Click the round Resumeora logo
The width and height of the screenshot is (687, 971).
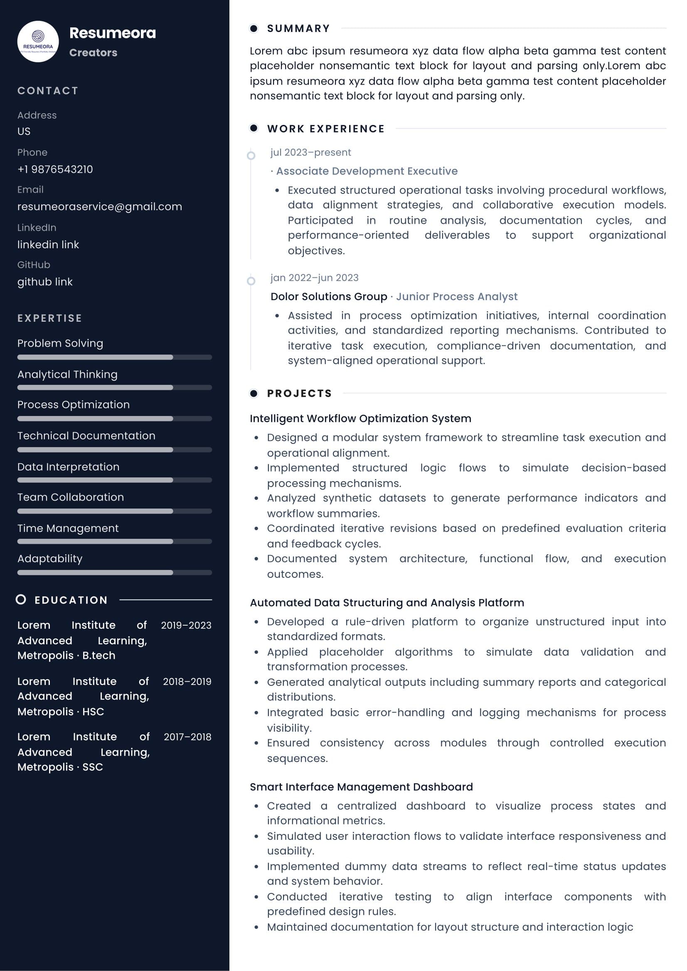[x=38, y=42]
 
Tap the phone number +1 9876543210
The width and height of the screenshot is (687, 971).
[x=55, y=169]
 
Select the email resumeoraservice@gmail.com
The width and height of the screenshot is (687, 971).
[x=99, y=206]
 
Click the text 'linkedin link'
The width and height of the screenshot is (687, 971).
[x=48, y=245]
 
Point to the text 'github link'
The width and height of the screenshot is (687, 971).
[x=45, y=281]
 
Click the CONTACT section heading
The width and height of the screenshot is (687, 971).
[x=48, y=90]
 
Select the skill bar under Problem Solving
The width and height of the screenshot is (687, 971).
[x=114, y=357]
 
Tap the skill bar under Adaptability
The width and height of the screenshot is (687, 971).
[x=114, y=572]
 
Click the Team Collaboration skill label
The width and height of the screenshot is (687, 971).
[x=71, y=497]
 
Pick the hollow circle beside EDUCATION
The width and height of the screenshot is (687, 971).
[x=21, y=599]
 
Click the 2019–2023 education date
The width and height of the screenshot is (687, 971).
[x=186, y=625]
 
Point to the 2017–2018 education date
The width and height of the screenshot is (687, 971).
[x=187, y=737]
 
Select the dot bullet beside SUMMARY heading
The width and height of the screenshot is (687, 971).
[x=254, y=28]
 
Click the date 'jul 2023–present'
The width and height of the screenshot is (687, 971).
[x=311, y=152]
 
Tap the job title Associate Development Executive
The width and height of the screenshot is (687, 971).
[x=367, y=171]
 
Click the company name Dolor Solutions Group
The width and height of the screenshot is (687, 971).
[x=328, y=296]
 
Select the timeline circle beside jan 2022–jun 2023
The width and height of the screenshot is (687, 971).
[x=251, y=281]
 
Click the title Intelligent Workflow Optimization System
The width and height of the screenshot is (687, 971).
[x=360, y=418]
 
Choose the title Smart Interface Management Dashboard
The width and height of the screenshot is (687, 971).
[x=361, y=787]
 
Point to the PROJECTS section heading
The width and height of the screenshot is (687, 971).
[x=299, y=393]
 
